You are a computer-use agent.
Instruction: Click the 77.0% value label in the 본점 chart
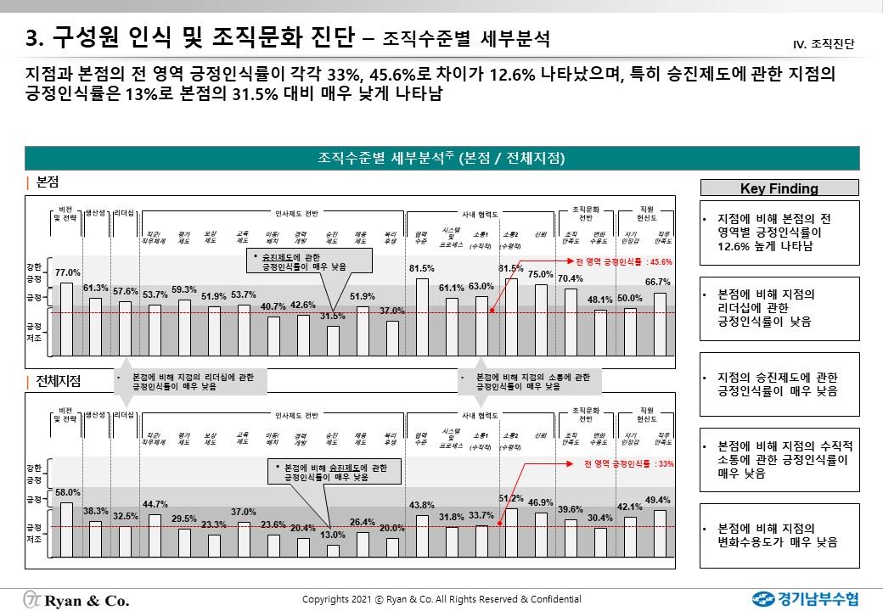pos(68,272)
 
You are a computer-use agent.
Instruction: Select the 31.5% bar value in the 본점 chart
pos(332,316)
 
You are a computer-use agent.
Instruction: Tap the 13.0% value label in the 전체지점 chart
pos(333,535)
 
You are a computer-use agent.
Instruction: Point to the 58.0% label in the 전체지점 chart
pos(68,492)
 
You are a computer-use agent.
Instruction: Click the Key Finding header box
pos(779,188)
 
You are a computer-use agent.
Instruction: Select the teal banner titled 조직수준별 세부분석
pos(441,158)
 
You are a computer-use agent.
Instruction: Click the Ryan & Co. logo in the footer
pos(76,599)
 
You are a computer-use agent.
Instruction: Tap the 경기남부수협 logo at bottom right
pos(804,598)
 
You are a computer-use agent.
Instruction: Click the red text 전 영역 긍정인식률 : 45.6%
pos(612,261)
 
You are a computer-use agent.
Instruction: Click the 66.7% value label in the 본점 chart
pos(658,282)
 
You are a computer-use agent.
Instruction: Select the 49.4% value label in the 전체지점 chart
pos(658,501)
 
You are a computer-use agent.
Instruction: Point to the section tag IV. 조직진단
pos(823,42)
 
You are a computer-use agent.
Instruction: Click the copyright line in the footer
pos(441,599)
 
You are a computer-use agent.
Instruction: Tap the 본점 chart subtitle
pos(48,182)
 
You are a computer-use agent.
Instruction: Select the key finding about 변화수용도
pos(779,535)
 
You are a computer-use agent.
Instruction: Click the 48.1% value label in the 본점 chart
pos(600,300)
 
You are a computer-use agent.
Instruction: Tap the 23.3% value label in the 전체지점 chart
pos(214,525)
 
